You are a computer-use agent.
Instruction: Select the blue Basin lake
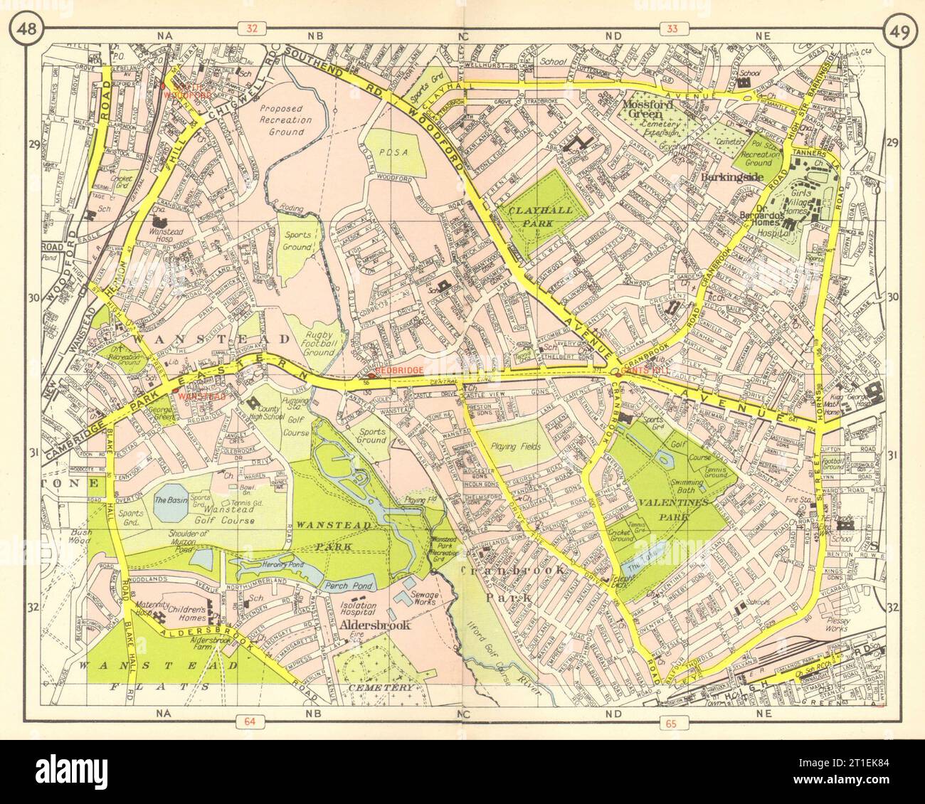[170, 506]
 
